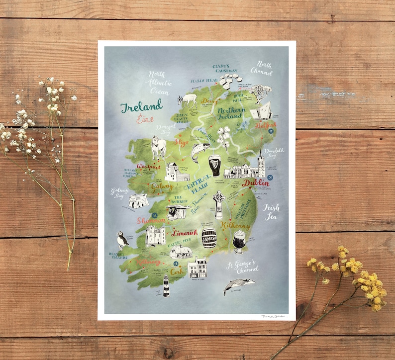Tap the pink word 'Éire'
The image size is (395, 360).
point(145,119)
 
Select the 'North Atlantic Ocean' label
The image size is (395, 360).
point(160,83)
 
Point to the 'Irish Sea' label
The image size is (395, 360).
point(271,211)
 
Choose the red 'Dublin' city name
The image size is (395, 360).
point(256,183)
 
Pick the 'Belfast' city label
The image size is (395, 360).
point(266,126)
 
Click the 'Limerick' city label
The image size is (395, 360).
point(185,232)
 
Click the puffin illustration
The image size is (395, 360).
point(121,241)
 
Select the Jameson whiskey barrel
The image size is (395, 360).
point(209,238)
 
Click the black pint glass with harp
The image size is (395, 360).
point(214,165)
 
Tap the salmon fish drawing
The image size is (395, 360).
point(200,151)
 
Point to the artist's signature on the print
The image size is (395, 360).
point(275,316)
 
